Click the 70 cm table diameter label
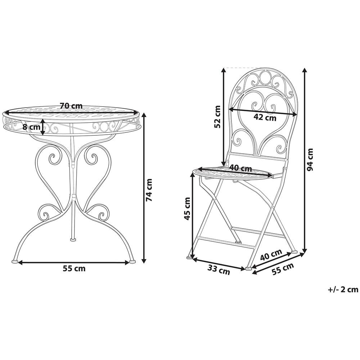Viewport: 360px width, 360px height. tap(71, 106)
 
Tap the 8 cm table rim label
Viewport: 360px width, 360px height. tap(31, 127)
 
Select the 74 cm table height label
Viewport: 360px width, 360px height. tap(149, 190)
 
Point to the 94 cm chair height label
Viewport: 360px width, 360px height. tap(310, 159)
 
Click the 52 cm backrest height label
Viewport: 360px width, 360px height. tap(217, 116)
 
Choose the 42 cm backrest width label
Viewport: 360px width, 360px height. tap(265, 118)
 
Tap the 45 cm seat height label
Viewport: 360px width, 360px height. tap(187, 209)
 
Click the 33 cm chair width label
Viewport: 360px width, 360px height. tap(219, 270)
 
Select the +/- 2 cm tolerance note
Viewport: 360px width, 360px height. tap(343, 289)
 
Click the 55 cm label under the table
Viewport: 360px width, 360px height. tap(74, 269)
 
